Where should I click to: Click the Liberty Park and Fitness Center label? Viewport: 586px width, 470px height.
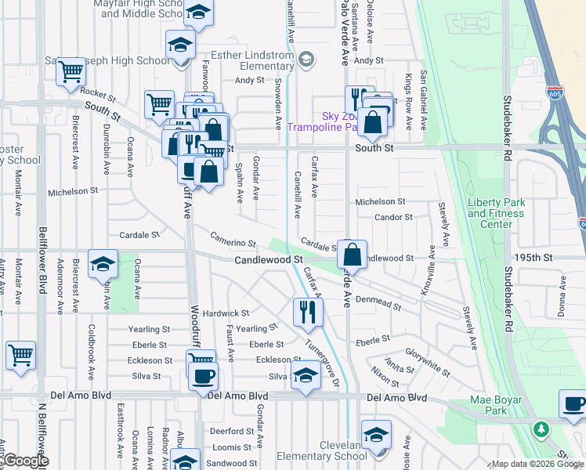tap(496, 213)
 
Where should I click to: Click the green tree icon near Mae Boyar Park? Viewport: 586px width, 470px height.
tap(541, 429)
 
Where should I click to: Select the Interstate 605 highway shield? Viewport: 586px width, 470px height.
tap(554, 92)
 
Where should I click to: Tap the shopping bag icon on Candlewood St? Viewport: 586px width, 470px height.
tap(353, 254)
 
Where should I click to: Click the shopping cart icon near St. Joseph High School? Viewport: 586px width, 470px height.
tap(71, 71)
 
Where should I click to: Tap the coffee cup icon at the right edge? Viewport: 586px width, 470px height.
tap(573, 404)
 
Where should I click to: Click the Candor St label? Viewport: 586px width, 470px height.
tap(393, 217)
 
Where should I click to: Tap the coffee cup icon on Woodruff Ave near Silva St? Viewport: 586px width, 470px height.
tap(202, 374)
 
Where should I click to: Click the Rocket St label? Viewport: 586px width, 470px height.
tap(98, 95)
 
